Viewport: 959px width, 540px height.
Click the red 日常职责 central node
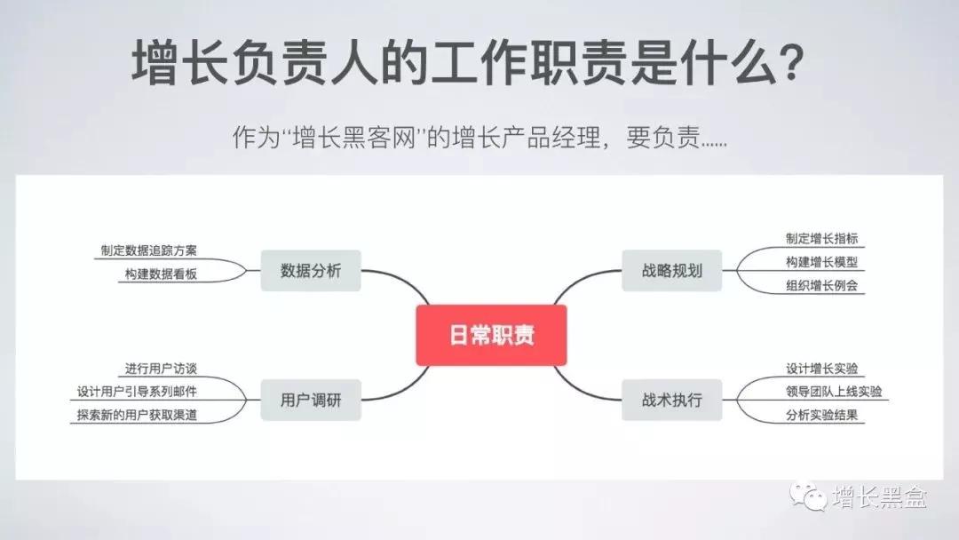pos(491,335)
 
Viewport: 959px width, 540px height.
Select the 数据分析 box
pos(311,270)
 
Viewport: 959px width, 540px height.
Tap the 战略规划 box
pos(671,270)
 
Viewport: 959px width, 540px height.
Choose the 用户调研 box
pos(311,400)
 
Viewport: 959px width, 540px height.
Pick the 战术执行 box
pos(671,400)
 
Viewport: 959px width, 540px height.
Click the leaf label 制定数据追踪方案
pos(148,250)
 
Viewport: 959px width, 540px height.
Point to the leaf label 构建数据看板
pos(161,274)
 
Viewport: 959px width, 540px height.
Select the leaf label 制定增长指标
pos(822,239)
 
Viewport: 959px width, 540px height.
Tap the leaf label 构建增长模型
pos(822,262)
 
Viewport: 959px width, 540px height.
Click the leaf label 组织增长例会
pos(822,285)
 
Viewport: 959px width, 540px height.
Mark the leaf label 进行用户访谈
pos(161,369)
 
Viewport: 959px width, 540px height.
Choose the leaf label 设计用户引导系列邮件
pos(137,392)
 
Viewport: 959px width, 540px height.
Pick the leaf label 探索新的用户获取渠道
pos(137,415)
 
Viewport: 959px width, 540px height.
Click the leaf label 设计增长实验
pos(822,369)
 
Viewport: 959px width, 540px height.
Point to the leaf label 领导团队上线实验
pos(834,392)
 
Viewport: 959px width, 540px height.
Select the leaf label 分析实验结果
pos(822,415)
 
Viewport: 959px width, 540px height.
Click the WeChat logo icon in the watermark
pos(808,496)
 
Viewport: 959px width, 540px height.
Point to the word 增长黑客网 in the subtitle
pos(354,137)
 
